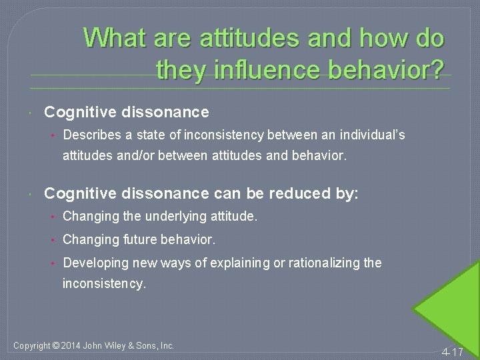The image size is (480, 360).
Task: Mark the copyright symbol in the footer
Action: click(x=55, y=346)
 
